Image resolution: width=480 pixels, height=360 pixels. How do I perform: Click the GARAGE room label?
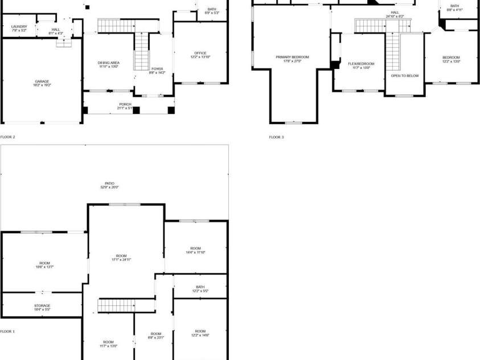coord(42,81)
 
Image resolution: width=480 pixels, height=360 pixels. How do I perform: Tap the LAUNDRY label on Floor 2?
coord(19,27)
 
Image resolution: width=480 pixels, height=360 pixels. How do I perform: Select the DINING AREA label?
coord(108,63)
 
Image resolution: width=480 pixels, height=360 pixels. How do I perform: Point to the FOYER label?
coord(157,69)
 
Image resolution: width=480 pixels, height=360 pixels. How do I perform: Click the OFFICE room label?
coord(200,54)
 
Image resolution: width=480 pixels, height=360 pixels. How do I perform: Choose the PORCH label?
coord(125,105)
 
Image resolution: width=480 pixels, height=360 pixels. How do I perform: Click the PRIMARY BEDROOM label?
coord(292,57)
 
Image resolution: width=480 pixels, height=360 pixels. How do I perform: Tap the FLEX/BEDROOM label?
coord(361,64)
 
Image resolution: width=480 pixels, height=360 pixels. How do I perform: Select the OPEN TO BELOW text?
coord(405,76)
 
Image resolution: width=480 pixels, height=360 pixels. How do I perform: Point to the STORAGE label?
coord(42,306)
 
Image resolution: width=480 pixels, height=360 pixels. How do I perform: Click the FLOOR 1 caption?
coord(7,331)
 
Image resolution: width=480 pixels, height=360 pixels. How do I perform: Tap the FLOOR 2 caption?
coord(7,137)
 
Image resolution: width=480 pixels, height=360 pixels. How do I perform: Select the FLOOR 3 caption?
coord(276,137)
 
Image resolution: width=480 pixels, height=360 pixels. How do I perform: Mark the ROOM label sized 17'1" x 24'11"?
coord(121,256)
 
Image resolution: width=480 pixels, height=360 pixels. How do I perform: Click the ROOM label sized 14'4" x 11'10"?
coord(195,248)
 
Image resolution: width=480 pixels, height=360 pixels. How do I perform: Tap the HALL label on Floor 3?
coord(395,13)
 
